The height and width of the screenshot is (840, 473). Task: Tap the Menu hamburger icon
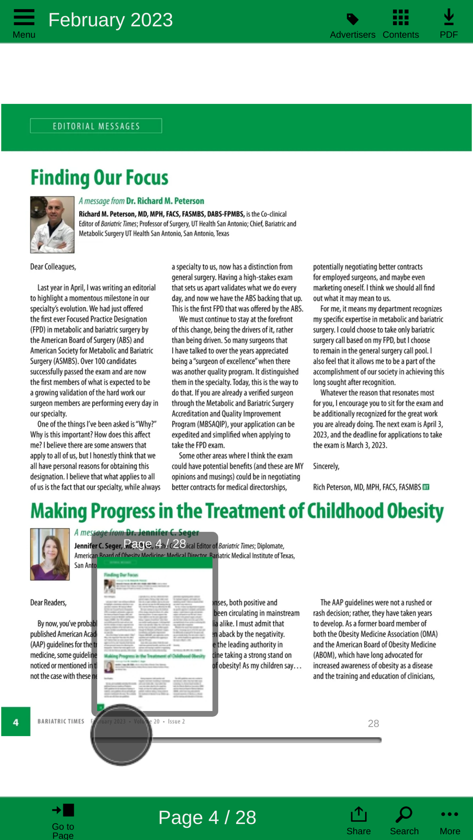click(x=24, y=17)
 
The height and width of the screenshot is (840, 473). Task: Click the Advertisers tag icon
click(x=352, y=19)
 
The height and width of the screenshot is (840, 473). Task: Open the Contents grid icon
click(x=401, y=17)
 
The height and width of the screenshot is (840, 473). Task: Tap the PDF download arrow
click(x=449, y=17)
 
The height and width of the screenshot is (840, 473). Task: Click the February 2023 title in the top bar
click(x=111, y=20)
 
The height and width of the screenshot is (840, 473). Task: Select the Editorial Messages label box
click(x=96, y=126)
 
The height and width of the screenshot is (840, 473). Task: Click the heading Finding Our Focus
click(x=99, y=178)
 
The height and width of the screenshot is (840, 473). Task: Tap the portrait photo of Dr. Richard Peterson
click(x=52, y=225)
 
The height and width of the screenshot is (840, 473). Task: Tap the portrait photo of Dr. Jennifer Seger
click(x=50, y=554)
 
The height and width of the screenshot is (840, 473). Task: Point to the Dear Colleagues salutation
click(x=53, y=267)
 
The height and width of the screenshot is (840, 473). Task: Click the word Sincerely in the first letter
click(x=326, y=466)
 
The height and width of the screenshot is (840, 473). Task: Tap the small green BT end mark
click(x=426, y=487)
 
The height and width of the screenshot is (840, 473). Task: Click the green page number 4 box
click(x=16, y=722)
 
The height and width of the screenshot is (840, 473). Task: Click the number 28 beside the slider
click(x=373, y=723)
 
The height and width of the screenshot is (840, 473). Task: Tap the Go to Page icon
click(x=63, y=810)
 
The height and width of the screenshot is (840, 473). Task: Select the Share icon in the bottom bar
click(x=359, y=814)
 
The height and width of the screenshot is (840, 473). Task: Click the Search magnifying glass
click(x=404, y=814)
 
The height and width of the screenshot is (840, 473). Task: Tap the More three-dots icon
click(x=449, y=814)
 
